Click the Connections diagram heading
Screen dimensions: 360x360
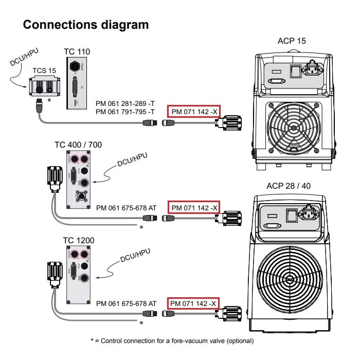86,24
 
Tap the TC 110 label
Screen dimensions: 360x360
77,52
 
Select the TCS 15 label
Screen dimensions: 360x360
44,70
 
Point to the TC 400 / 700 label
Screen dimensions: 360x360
78,145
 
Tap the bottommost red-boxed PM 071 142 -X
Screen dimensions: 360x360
193,303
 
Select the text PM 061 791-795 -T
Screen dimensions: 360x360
126,112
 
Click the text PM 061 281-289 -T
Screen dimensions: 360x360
126,104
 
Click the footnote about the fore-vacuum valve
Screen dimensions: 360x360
172,340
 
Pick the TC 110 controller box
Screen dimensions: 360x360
77,82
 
